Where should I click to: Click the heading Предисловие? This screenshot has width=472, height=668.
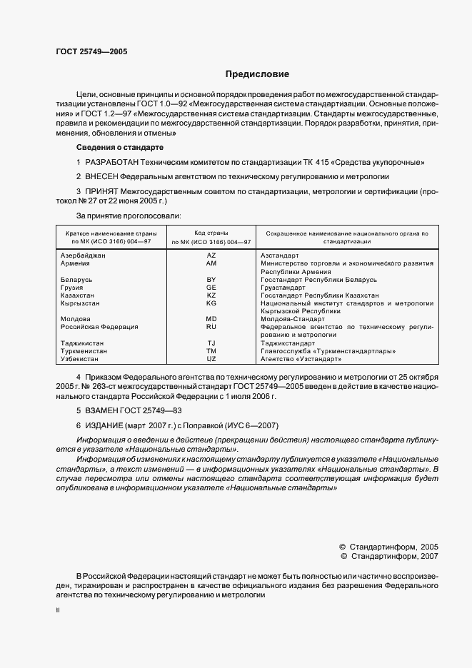pos(257,74)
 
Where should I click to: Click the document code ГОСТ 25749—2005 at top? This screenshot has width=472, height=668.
pos(91,52)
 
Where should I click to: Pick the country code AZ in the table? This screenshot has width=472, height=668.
pos(211,255)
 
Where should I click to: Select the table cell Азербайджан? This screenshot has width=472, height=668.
pos(83,255)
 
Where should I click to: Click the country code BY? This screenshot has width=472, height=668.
pos(211,279)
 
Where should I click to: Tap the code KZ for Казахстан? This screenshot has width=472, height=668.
pos(211,295)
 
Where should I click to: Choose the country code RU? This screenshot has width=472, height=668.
pos(211,326)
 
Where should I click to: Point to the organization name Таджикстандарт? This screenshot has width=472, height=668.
pos(288,343)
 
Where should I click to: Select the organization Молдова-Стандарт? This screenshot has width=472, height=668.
pos(293,318)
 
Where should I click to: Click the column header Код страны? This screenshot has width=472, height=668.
pos(211,233)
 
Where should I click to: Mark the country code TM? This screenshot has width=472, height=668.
pos(211,350)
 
